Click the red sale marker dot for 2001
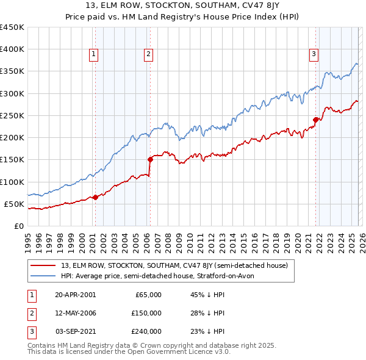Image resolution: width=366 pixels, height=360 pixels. pos(95,197)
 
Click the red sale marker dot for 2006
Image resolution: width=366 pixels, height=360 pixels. pos(150,159)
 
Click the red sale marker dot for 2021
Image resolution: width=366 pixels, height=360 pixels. pos(315,120)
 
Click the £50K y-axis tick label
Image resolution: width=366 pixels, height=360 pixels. pos(15,204)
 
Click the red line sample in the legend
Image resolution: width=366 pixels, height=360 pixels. pos(43,265)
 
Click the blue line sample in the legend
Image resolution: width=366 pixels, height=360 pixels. pos(43,276)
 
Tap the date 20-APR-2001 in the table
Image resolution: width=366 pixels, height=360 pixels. pos(75,295)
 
